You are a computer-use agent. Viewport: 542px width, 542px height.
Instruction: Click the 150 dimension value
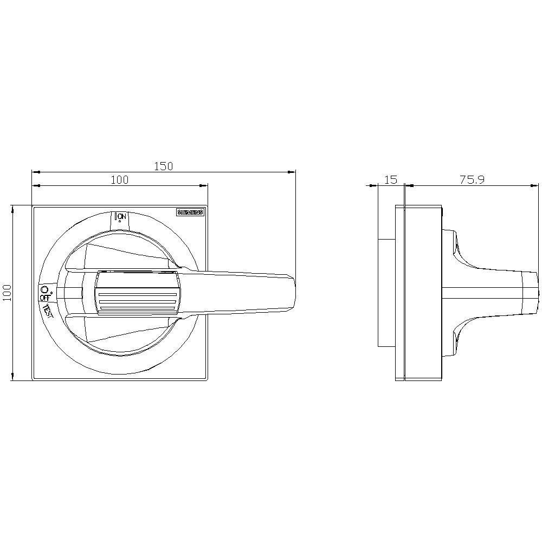click(163, 166)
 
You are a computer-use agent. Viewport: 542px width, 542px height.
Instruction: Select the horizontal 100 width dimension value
click(120, 180)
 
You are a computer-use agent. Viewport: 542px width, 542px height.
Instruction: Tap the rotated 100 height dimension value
click(7, 293)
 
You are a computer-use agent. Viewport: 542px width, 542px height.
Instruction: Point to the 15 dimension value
click(391, 180)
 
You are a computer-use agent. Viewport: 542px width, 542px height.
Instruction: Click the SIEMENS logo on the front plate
click(190, 212)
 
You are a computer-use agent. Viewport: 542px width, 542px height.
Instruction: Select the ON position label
click(122, 217)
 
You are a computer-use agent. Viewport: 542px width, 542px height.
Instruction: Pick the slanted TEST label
click(48, 312)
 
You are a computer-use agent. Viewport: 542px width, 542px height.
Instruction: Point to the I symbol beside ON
click(117, 217)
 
